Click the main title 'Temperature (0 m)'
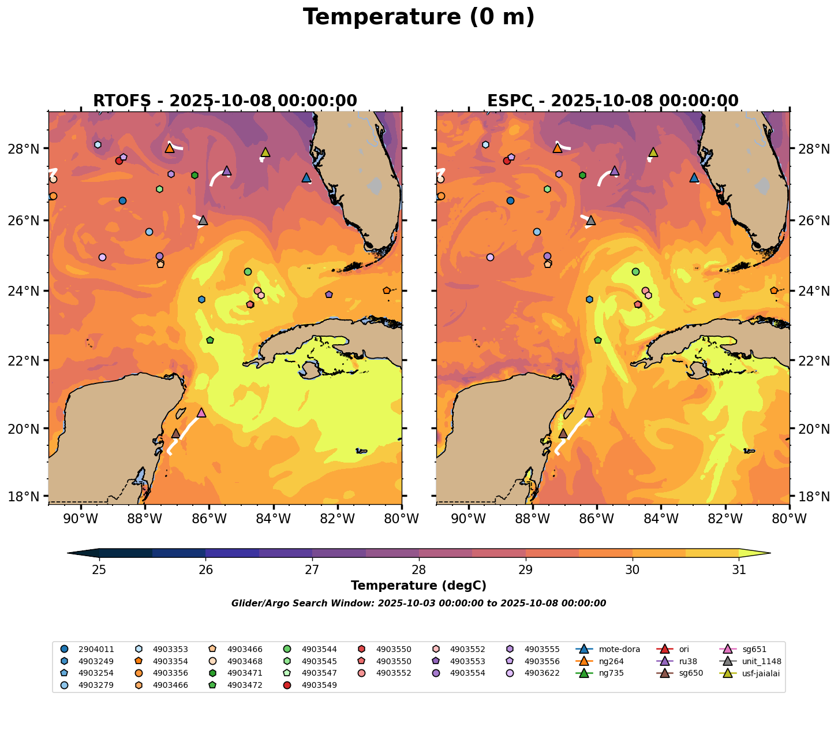pos(418,17)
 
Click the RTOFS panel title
pos(225,101)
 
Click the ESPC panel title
pos(612,101)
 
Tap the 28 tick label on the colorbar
pos(418,570)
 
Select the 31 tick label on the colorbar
pos(738,570)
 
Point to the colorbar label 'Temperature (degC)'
pos(418,586)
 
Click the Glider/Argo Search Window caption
pos(418,604)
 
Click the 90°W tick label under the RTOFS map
pos(80,519)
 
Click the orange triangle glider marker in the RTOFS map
pos(169,148)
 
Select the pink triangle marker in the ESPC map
pos(589,412)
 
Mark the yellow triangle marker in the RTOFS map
pos(265,152)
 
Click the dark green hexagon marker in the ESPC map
pos(582,175)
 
